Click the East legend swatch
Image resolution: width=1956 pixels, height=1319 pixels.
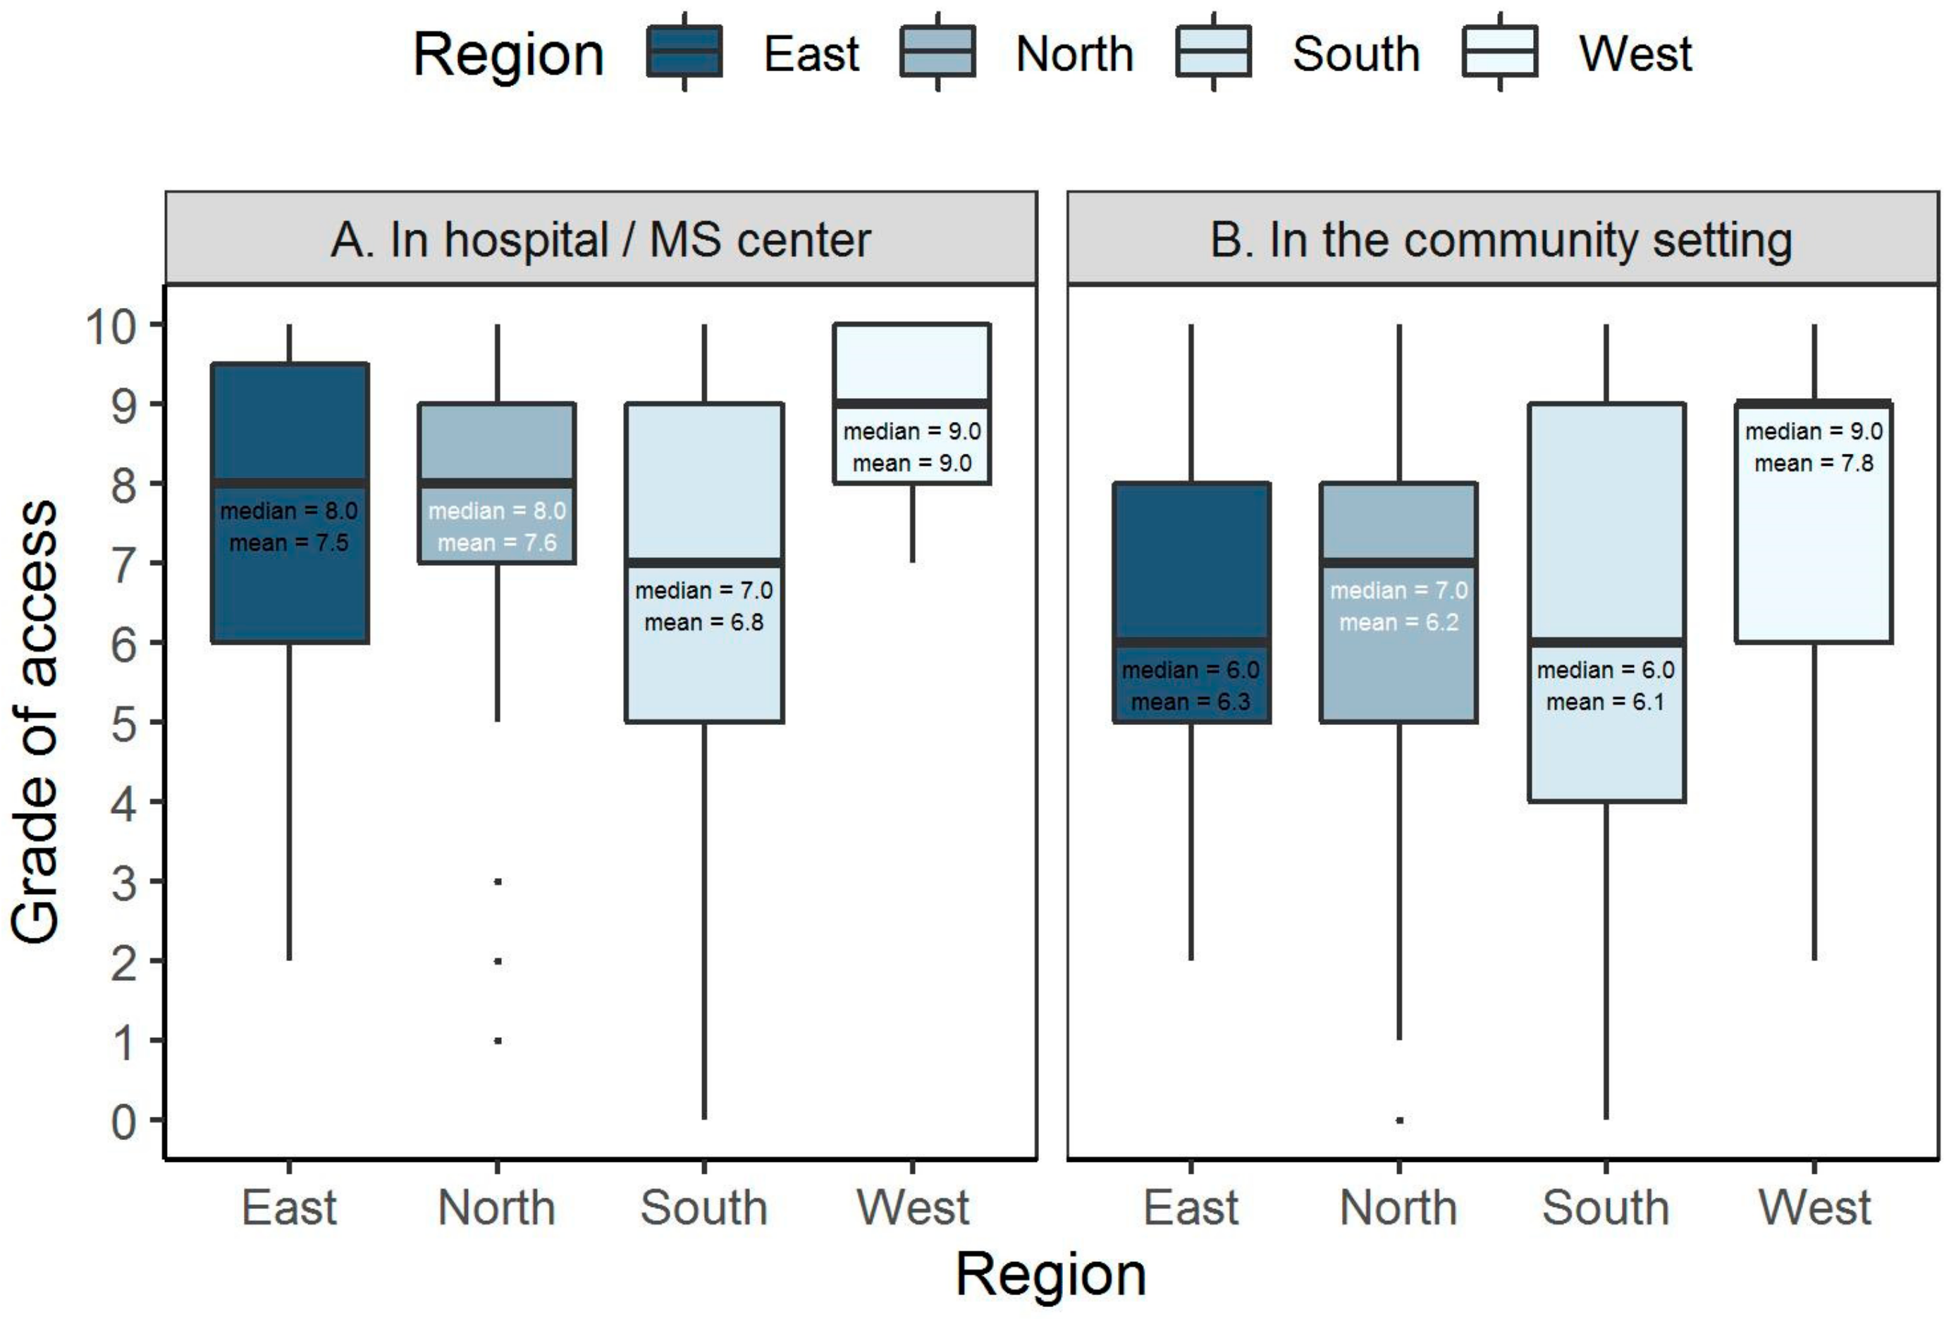coord(683,52)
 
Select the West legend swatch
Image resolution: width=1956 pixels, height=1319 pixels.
coord(1499,52)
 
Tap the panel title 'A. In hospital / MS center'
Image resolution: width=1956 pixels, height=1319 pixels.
coord(601,240)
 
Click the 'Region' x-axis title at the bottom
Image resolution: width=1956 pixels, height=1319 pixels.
coord(1051,1275)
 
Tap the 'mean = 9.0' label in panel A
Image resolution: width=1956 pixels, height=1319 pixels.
coord(912,464)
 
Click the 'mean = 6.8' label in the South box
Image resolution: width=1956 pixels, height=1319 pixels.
coord(704,622)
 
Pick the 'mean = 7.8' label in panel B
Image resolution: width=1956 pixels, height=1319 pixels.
coord(1814,464)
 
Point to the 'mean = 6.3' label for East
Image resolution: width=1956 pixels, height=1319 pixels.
coord(1191,702)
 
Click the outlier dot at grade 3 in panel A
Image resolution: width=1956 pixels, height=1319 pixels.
coord(498,881)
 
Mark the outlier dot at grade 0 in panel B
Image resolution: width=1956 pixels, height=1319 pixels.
coord(1399,1120)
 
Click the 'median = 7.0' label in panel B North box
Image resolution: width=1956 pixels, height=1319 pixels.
coord(1398,590)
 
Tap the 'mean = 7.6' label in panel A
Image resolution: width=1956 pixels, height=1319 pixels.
coord(497,543)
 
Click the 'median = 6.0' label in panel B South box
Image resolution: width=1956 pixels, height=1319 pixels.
coord(1605,671)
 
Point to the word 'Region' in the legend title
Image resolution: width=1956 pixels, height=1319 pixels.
coord(508,56)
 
